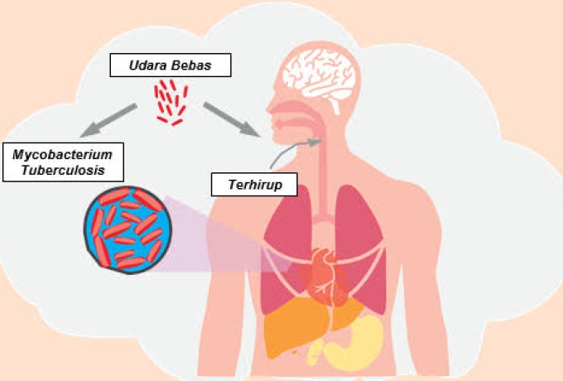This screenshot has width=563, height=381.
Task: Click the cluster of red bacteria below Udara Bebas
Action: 171,102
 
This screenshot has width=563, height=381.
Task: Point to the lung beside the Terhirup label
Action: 286,240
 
